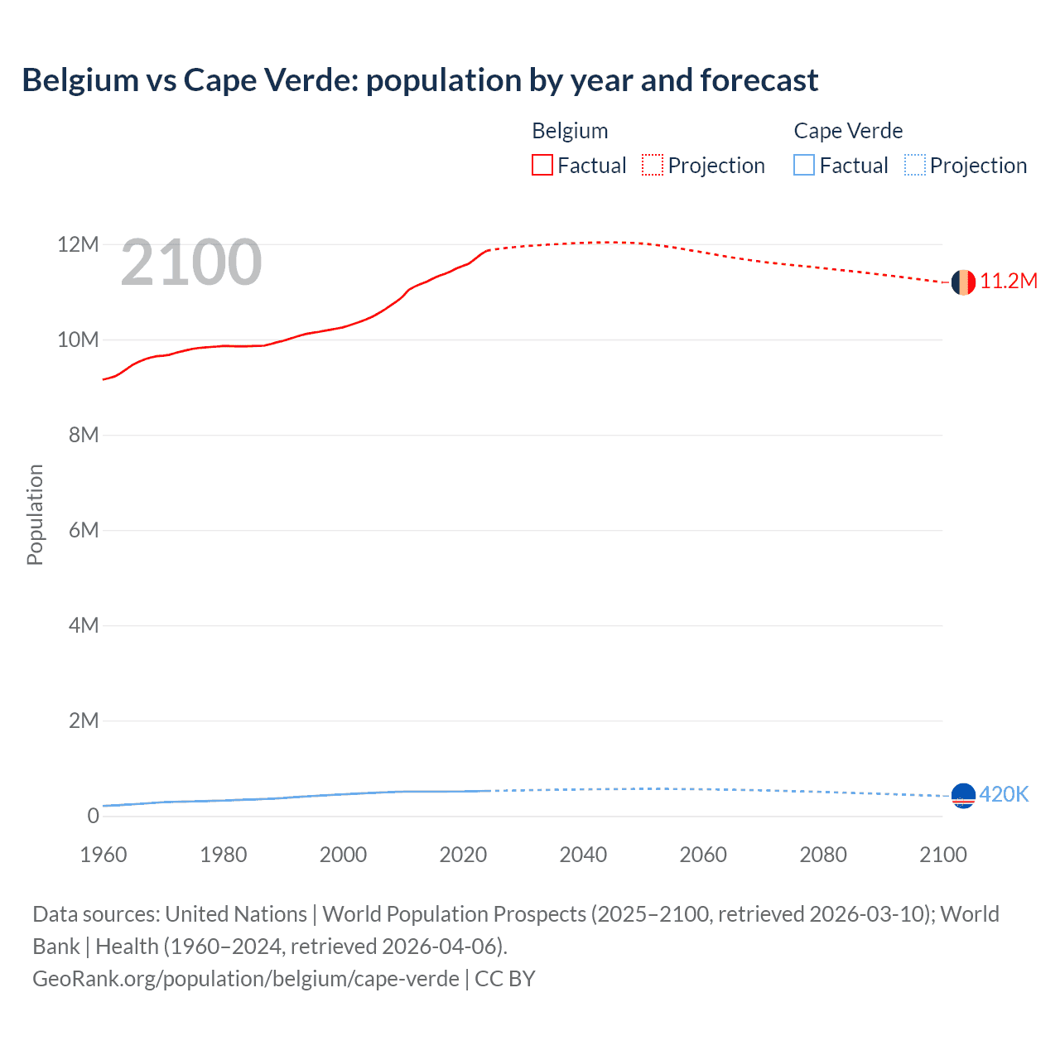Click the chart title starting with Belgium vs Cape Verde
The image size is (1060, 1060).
tap(420, 80)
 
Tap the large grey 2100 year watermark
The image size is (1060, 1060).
tap(191, 263)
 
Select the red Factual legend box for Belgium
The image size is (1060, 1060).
tap(542, 165)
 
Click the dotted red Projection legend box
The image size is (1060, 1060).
tap(653, 165)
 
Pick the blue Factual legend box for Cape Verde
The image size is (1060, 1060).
tap(804, 165)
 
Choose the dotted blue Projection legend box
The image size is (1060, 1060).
tap(915, 165)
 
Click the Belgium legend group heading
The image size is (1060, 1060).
tap(570, 131)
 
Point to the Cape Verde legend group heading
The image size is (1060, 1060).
tap(848, 131)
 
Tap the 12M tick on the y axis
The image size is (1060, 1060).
tap(78, 244)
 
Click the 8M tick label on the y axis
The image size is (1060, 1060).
tap(83, 435)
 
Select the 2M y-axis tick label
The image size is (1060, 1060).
tap(83, 720)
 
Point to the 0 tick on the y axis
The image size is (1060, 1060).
tap(93, 816)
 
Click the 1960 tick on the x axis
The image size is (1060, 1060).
tap(104, 855)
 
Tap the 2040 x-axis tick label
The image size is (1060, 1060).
tap(583, 855)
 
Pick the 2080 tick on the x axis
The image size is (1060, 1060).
tap(823, 855)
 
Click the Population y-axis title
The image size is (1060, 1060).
tap(35, 514)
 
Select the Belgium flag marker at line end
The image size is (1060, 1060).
tap(963, 282)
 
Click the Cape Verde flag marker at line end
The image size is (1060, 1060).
tap(963, 796)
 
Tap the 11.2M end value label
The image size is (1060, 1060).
tap(1009, 282)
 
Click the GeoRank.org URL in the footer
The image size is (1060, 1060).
tap(246, 978)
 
